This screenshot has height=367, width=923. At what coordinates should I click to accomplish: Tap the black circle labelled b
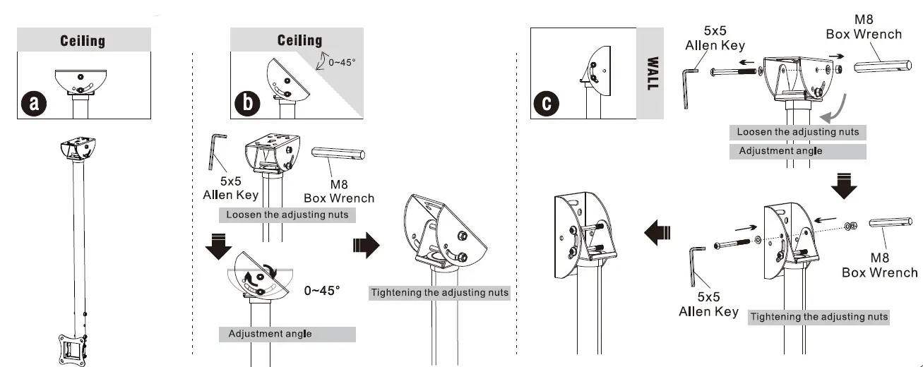tap(247, 103)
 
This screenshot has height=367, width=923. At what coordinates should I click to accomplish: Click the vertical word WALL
tap(652, 73)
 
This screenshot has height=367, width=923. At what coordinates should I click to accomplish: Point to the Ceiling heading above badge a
tap(83, 40)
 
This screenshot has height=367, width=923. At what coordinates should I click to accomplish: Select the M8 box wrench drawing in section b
tap(338, 155)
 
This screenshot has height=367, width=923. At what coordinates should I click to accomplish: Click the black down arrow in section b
tap(219, 243)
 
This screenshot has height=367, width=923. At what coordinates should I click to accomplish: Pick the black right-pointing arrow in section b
tap(365, 246)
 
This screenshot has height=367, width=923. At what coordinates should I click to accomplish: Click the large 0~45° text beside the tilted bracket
tap(321, 290)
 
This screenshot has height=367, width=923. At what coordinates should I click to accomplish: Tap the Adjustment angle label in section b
tap(270, 334)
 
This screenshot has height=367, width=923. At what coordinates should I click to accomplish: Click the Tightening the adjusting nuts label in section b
tap(439, 292)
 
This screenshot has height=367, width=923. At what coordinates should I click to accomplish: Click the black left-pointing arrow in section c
tap(657, 231)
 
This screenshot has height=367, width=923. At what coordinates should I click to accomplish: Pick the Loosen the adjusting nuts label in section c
tap(797, 132)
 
